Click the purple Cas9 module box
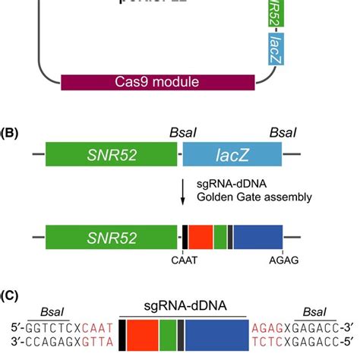coord(163,81)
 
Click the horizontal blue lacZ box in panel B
coord(232,155)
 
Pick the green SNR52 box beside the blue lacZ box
coord(111,155)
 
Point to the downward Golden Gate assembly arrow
coord(182,191)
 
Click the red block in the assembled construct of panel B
coord(201,238)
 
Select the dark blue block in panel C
coord(216,335)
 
